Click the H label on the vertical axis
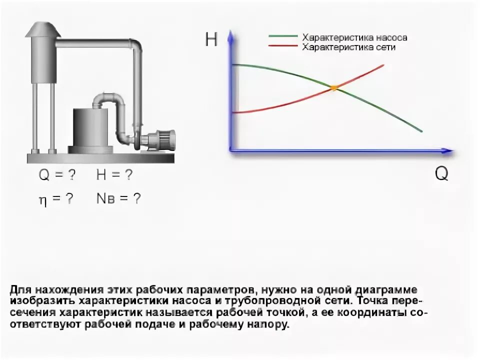click(211, 40)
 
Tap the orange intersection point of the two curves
click(334, 87)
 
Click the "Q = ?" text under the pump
click(57, 175)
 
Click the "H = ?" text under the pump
click(114, 175)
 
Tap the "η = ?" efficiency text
click(56, 199)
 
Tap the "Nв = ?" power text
click(118, 198)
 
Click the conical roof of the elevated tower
click(42, 30)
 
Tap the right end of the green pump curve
click(422, 131)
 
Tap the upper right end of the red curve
click(383, 65)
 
